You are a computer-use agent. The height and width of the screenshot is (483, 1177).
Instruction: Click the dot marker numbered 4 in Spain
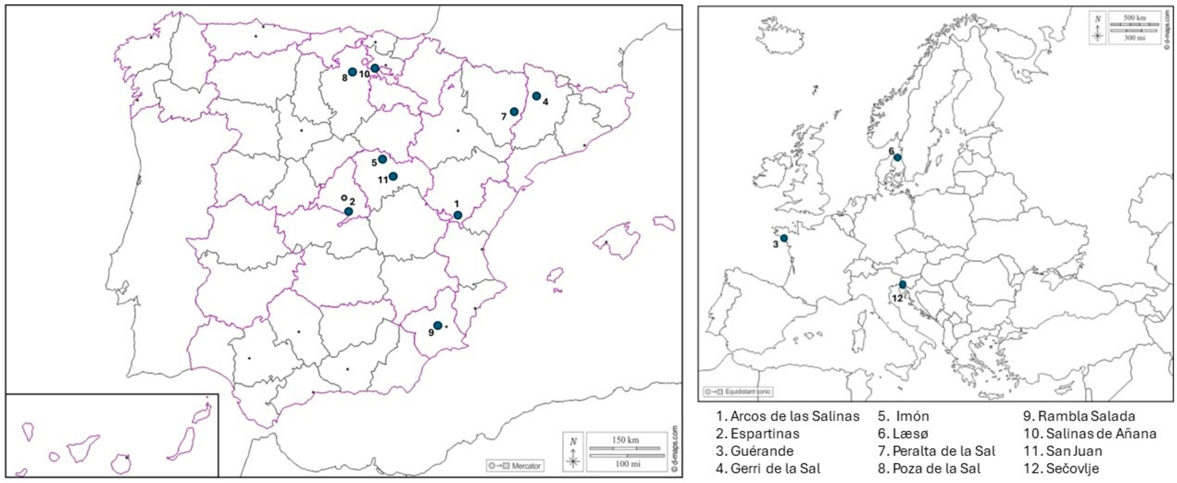tap(536, 96)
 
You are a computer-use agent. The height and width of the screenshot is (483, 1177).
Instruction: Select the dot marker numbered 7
tap(514, 112)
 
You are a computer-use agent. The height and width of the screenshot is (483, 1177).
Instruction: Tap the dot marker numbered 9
tap(438, 326)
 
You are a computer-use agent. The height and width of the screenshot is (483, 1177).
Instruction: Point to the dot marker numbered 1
tap(458, 215)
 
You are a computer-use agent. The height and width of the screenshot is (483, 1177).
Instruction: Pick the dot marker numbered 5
tap(383, 159)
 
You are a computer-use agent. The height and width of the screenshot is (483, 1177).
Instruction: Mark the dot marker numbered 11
tap(393, 176)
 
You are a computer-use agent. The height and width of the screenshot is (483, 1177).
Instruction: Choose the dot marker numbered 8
tap(352, 72)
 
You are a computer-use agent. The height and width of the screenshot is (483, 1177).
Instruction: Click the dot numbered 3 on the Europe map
tap(784, 238)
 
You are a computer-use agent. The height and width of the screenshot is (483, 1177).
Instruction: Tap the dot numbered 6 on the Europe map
tap(897, 157)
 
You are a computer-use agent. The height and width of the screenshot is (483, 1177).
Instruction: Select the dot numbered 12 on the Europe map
tap(902, 284)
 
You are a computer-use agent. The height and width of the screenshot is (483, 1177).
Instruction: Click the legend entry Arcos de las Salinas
tap(788, 416)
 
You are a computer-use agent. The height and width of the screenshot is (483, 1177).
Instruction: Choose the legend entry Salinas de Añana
tap(1090, 434)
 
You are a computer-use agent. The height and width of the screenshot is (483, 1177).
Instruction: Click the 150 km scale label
tap(625, 440)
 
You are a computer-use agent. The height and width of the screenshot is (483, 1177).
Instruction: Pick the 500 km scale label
tap(1135, 18)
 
